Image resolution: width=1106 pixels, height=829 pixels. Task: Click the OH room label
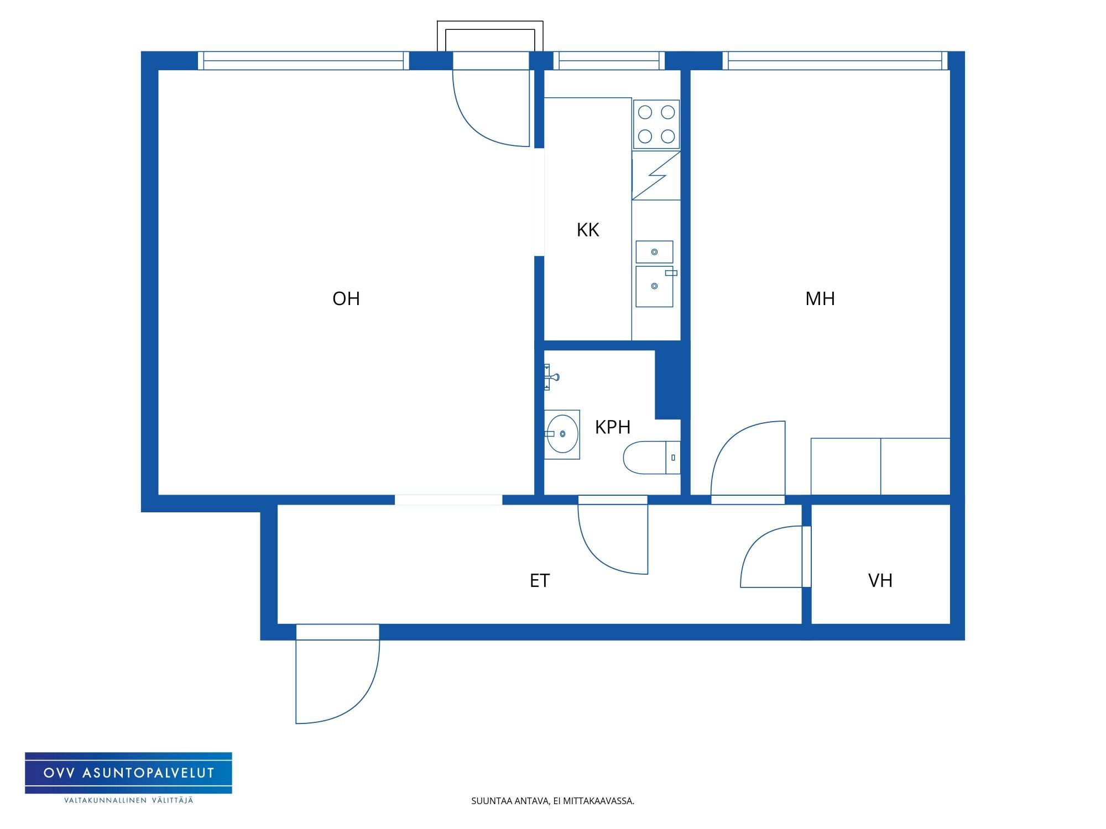[x=346, y=298]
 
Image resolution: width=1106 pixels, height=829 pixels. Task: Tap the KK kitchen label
[x=588, y=230]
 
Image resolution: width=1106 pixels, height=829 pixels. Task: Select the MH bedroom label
[x=820, y=298]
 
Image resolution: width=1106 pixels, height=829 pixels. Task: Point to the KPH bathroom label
[x=613, y=427]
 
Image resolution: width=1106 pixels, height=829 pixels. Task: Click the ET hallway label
[x=540, y=580]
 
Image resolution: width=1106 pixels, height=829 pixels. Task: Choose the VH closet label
[x=880, y=580]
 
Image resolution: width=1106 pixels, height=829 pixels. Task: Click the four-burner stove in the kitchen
[x=656, y=124]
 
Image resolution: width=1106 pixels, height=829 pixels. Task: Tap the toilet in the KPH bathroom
[x=651, y=458]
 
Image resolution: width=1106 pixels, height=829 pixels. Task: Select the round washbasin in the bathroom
[x=562, y=434]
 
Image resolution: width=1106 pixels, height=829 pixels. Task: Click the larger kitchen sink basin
[x=654, y=286]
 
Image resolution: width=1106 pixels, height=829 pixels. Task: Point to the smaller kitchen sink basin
[x=654, y=252]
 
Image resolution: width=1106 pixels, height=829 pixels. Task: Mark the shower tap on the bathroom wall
[x=551, y=377]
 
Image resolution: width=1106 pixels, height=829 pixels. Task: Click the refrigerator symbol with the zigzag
[x=656, y=175]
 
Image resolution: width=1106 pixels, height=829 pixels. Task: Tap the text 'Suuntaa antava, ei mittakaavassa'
[x=552, y=801]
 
